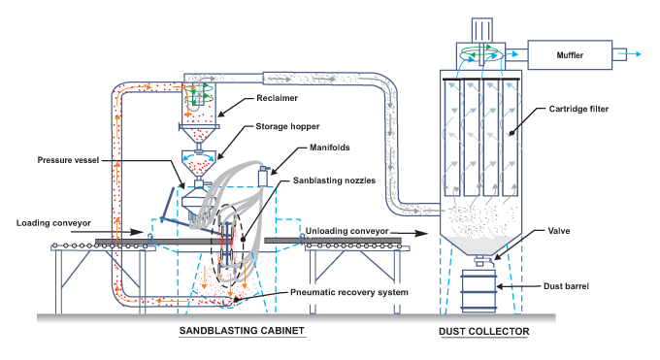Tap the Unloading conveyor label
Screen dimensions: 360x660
347,231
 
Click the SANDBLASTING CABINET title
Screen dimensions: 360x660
243,332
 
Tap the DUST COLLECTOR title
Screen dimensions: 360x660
483,332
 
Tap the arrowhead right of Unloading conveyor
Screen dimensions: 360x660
424,234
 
